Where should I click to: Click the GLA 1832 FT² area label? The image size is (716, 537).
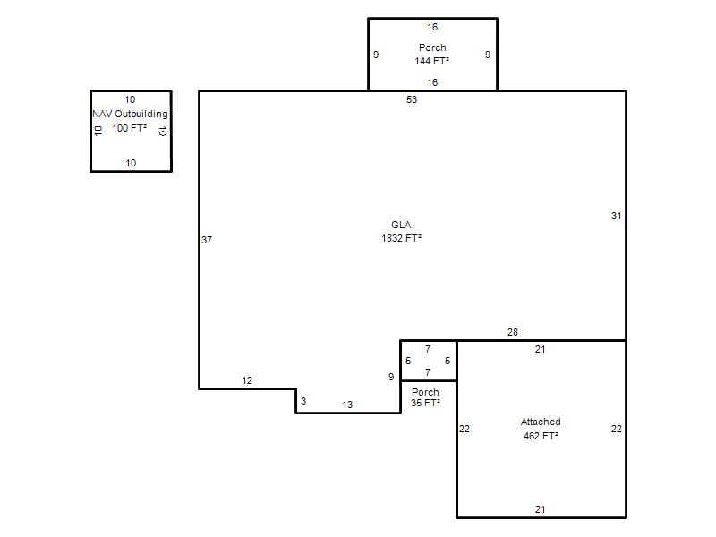(x=401, y=232)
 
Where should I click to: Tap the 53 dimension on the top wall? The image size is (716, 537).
(x=412, y=99)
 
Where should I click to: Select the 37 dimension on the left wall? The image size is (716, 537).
(x=207, y=240)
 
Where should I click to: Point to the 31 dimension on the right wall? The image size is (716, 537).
(x=616, y=216)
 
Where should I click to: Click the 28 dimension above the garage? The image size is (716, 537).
(x=512, y=332)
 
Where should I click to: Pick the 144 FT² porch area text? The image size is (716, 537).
(x=431, y=61)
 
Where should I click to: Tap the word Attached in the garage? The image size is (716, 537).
(x=541, y=422)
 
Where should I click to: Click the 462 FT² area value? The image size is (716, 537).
(x=541, y=436)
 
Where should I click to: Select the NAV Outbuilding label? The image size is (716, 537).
(x=130, y=115)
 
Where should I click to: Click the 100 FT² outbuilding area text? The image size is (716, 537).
(x=129, y=128)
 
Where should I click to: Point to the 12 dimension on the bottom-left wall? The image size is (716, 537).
(x=247, y=381)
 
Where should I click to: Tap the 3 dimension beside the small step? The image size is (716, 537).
(x=303, y=401)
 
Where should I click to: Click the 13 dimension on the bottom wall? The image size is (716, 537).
(x=347, y=405)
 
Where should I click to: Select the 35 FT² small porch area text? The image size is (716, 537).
(x=425, y=403)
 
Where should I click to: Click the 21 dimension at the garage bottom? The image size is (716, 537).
(x=541, y=509)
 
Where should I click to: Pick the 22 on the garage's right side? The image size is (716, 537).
(x=616, y=429)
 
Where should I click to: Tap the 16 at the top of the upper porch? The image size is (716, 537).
(x=432, y=28)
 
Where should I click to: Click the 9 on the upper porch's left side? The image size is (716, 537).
(x=376, y=55)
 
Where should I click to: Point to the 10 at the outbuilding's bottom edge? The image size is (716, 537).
(x=131, y=163)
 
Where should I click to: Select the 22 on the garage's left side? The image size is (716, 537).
(x=465, y=429)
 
